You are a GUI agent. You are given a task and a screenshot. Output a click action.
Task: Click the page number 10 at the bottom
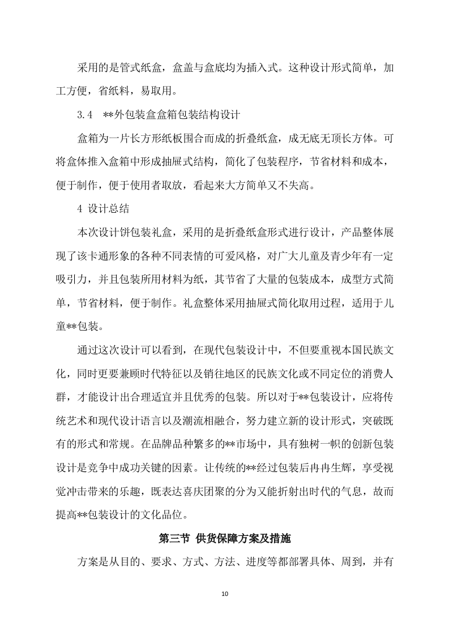click(225, 594)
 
